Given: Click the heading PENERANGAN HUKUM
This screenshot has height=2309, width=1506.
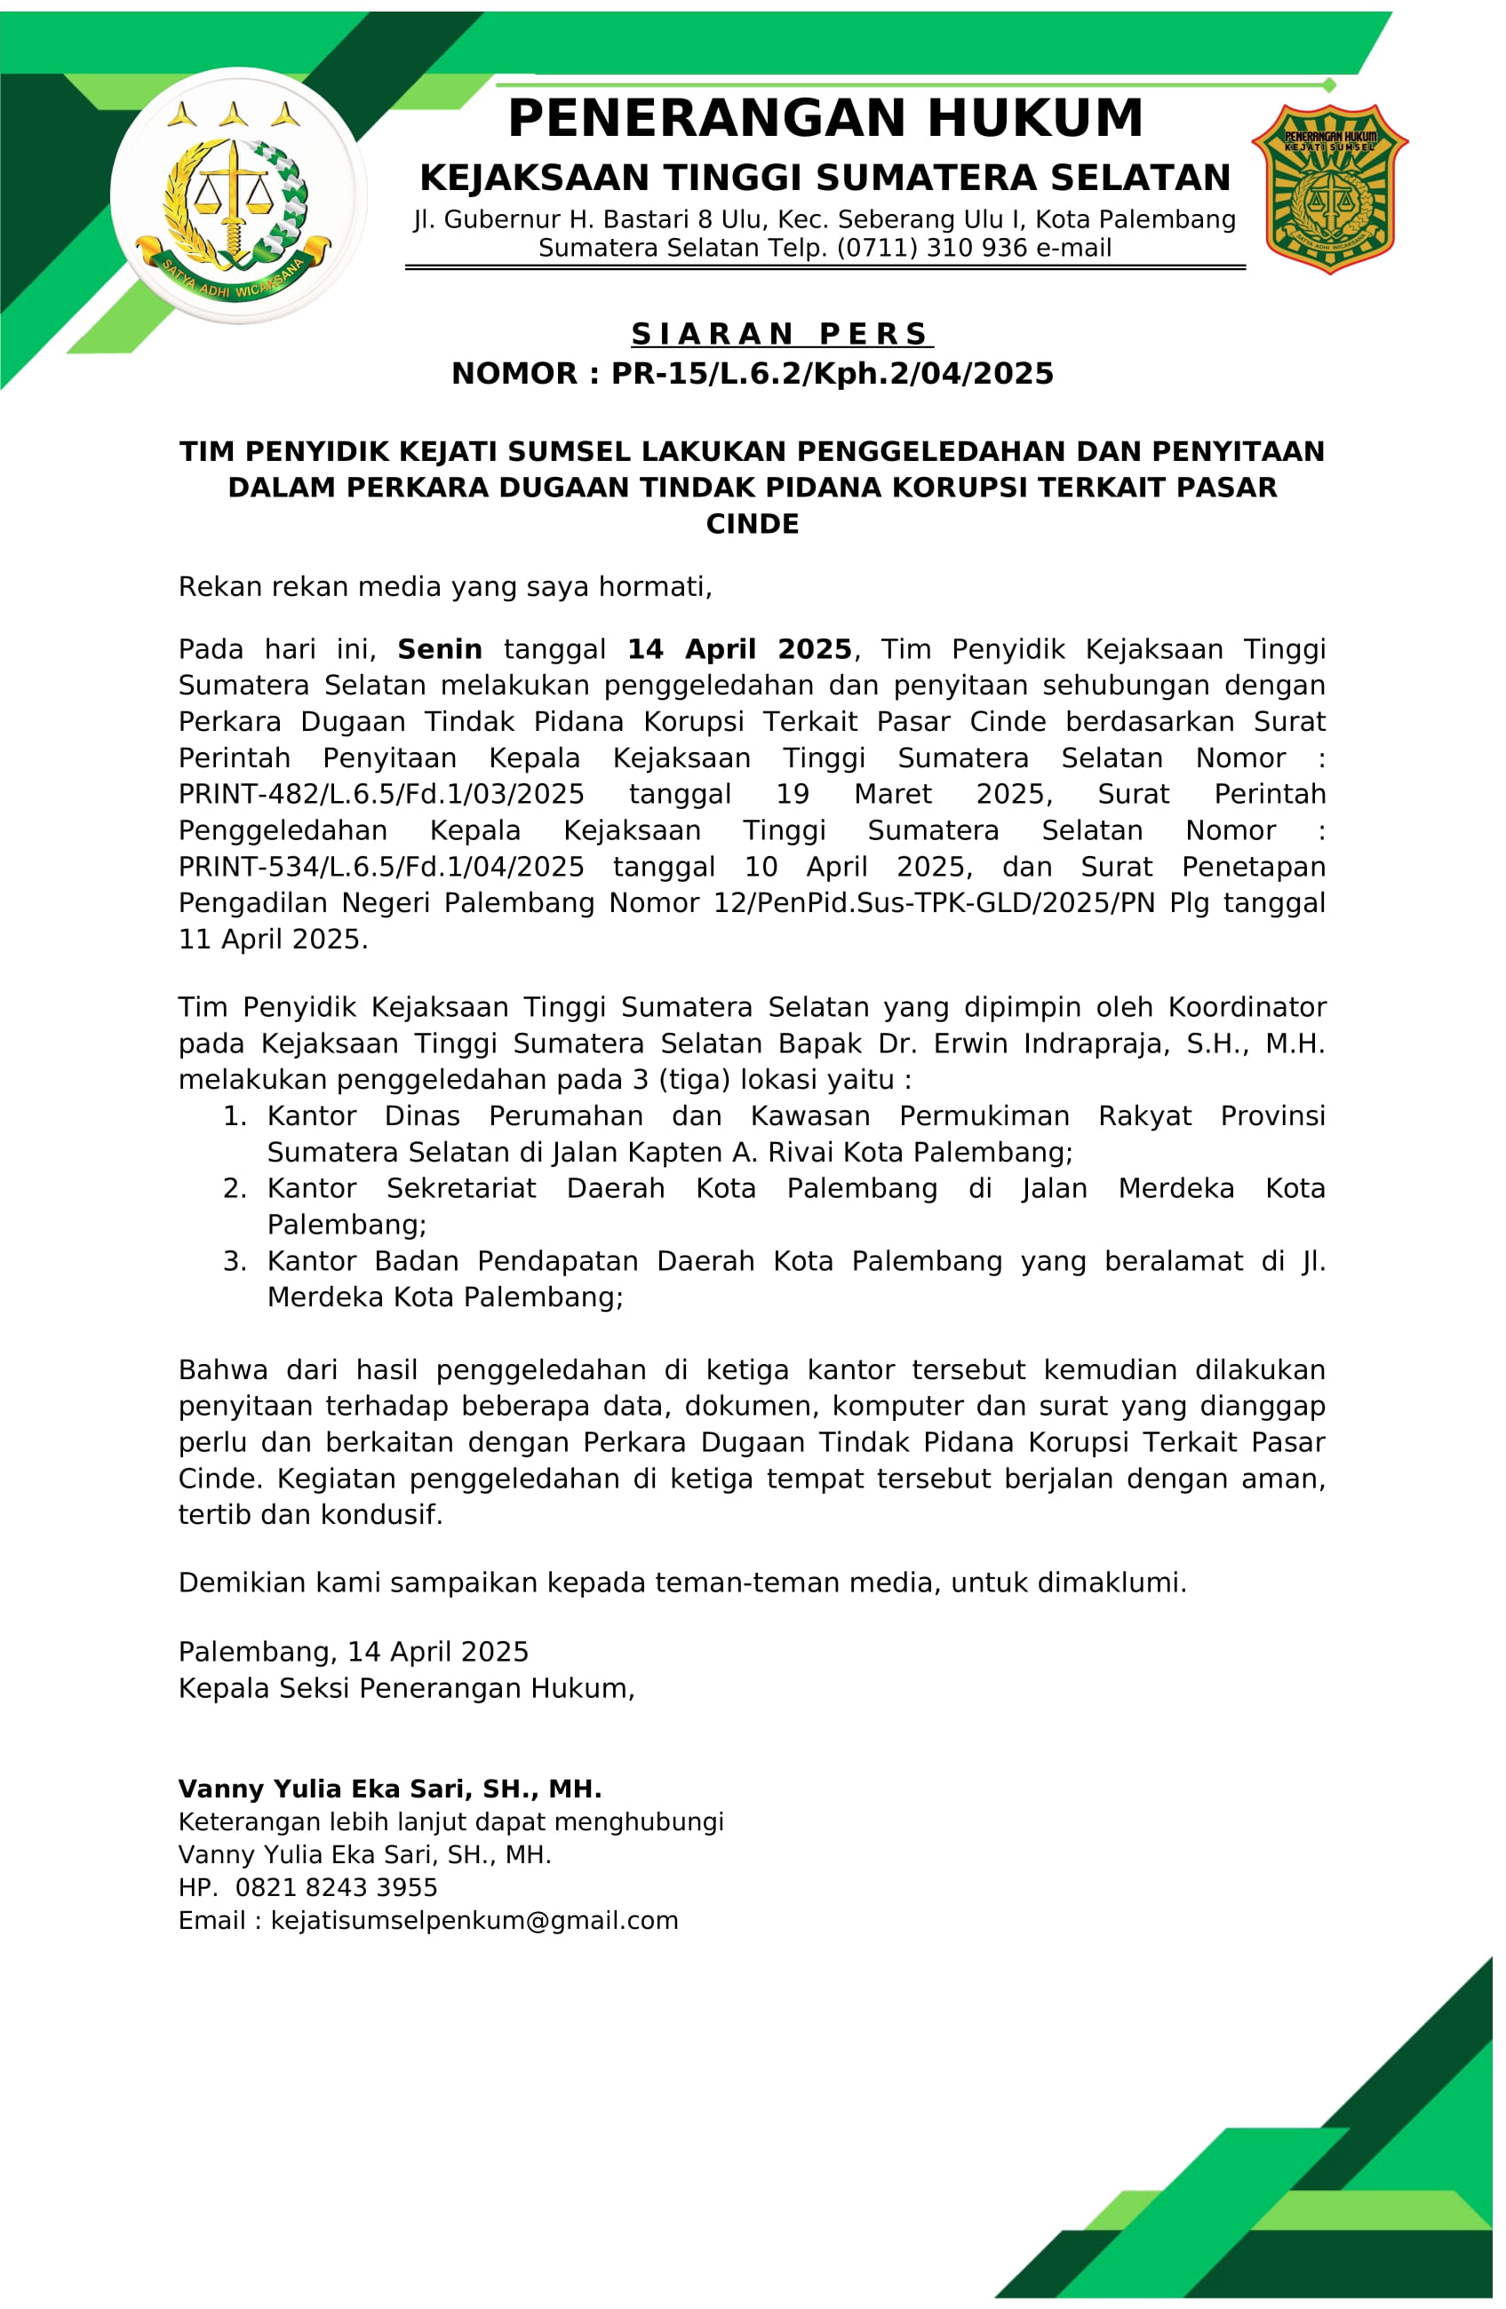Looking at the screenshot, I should pos(825,118).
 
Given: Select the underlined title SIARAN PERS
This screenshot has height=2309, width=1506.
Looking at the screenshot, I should pos(781,334).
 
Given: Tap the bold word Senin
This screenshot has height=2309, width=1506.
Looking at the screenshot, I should pos(440,649).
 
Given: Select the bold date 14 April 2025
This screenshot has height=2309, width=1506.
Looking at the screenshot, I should pos(739,649).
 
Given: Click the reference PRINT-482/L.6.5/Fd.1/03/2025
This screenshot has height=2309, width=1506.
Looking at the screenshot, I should pos(381,795).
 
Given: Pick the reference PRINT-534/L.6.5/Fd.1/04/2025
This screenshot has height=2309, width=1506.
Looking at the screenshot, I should pos(381,868).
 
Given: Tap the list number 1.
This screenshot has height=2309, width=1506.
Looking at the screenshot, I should pos(235,1116).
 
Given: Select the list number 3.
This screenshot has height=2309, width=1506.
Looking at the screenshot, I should pos(235,1261).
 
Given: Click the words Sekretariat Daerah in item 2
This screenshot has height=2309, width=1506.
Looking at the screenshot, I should pos(525,1189).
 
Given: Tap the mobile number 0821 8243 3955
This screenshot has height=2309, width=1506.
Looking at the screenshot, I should pos(337,1887).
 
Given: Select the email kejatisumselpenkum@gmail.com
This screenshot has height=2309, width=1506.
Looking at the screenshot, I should pos(474,1920).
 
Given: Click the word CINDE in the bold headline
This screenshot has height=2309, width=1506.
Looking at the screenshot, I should pos(752,524).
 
